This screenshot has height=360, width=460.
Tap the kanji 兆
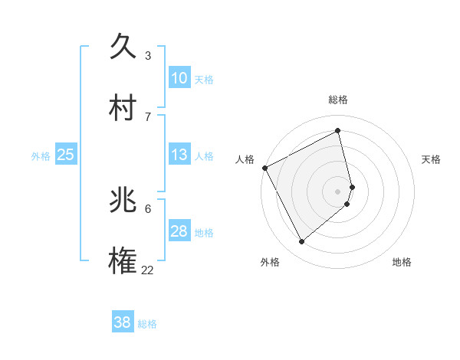point(123,200)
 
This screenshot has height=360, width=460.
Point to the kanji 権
point(123,261)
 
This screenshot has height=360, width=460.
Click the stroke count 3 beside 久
point(148,55)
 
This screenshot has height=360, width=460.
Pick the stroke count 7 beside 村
point(148,116)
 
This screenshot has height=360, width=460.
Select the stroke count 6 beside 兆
point(148,208)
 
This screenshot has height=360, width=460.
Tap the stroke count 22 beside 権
point(148,270)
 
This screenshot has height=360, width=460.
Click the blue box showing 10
point(179,78)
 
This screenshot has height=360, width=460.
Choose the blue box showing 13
point(179,155)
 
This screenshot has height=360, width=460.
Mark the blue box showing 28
point(179,231)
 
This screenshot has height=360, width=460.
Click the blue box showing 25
point(66,155)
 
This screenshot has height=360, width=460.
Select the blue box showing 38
point(123,322)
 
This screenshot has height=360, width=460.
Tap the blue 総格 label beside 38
point(147,324)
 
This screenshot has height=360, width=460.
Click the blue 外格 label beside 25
point(41,156)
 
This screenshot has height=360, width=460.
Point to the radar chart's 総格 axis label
point(338,100)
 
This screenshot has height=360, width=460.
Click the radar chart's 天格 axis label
point(431,159)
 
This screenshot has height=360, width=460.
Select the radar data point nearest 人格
point(264,168)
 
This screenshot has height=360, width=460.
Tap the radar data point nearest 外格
point(301,242)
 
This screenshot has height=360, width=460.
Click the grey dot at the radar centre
point(338,191)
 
